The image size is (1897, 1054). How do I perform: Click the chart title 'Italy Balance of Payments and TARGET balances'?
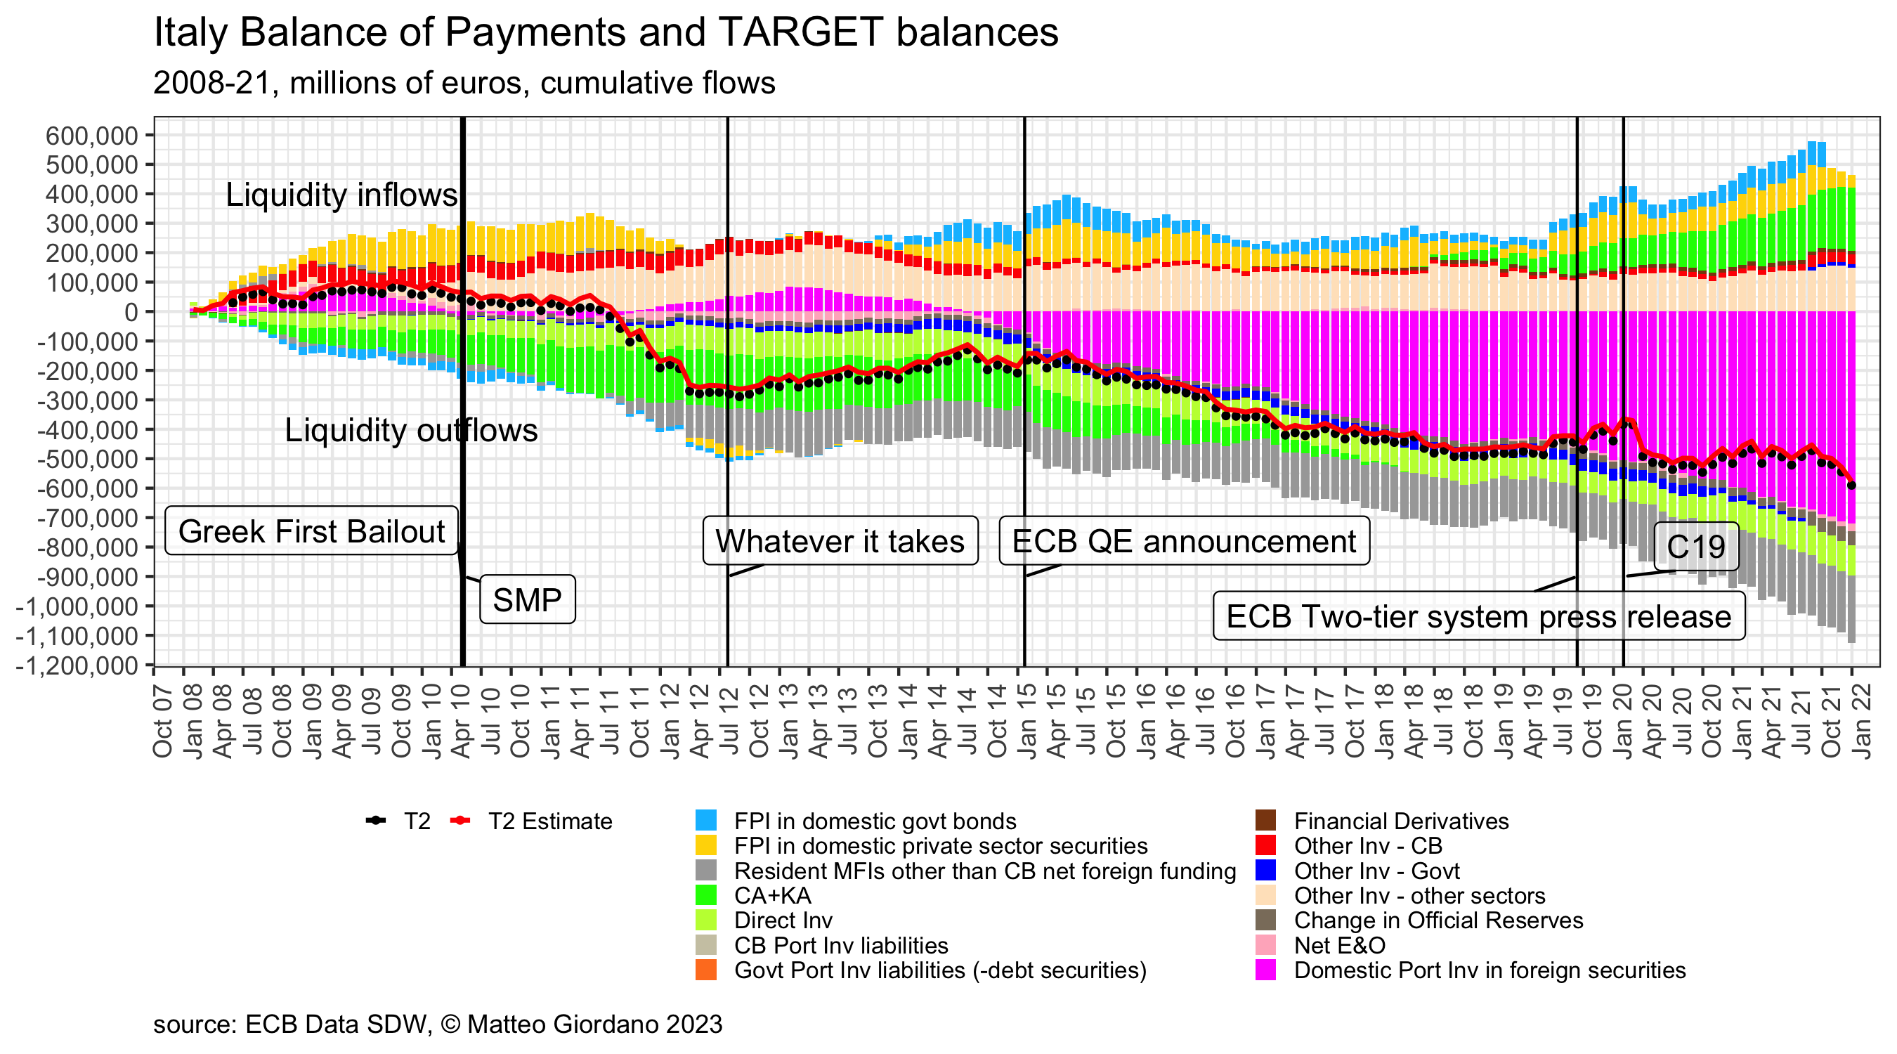coord(606,32)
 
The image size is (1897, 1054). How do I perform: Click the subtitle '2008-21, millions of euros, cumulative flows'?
coord(464,83)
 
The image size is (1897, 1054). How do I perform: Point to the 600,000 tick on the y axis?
coord(92,136)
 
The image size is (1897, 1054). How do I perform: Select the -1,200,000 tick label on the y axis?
coord(77,666)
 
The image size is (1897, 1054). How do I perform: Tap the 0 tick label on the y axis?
coord(131,312)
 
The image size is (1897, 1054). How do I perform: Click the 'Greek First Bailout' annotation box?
coord(311,531)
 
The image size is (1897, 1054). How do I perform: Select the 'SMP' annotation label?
coord(527,599)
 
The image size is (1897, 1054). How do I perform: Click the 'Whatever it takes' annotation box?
coord(840,541)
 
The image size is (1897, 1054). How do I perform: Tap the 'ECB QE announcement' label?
coord(1183,541)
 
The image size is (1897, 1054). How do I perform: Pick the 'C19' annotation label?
coord(1696,547)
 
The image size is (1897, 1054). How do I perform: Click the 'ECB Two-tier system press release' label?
coord(1478,616)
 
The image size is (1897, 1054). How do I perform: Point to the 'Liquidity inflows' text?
coord(341,195)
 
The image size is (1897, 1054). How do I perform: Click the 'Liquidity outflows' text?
coord(411,430)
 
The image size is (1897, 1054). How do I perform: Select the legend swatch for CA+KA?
coord(705,895)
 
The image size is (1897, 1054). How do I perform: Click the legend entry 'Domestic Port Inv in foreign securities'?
coord(1489,970)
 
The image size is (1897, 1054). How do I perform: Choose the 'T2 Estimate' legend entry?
coord(549,821)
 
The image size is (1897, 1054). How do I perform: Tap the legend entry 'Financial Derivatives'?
coord(1401,821)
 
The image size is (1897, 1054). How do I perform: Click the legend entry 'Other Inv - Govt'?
coord(1376,871)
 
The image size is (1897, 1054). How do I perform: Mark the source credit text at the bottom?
coord(438,1024)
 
